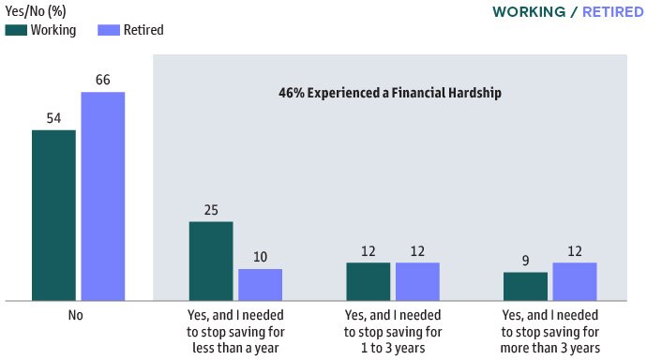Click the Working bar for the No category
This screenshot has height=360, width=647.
pos(53,216)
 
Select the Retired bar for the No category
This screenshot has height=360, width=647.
pos(102,197)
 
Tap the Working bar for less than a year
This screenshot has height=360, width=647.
pos(211,262)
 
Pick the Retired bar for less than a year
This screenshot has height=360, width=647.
pos(260,285)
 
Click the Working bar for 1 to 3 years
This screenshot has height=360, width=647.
pos(368,281)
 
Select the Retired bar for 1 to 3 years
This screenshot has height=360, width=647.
pos(417,281)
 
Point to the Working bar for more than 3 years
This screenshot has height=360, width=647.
pos(525,286)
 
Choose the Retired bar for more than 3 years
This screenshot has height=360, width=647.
pos(575,281)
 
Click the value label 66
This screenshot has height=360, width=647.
pos(102,80)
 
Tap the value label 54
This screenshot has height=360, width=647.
pos(53,118)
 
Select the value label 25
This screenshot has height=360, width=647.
pos(211,209)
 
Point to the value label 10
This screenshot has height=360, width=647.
pos(260,257)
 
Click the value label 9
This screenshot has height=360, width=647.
pos(525,260)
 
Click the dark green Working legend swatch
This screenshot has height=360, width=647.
pos(15,30)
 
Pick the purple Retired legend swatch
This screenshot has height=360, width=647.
pos(108,30)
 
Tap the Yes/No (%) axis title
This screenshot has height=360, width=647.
pos(36,11)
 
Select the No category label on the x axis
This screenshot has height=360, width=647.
pos(76,315)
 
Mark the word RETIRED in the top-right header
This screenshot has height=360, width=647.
pos(612,12)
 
